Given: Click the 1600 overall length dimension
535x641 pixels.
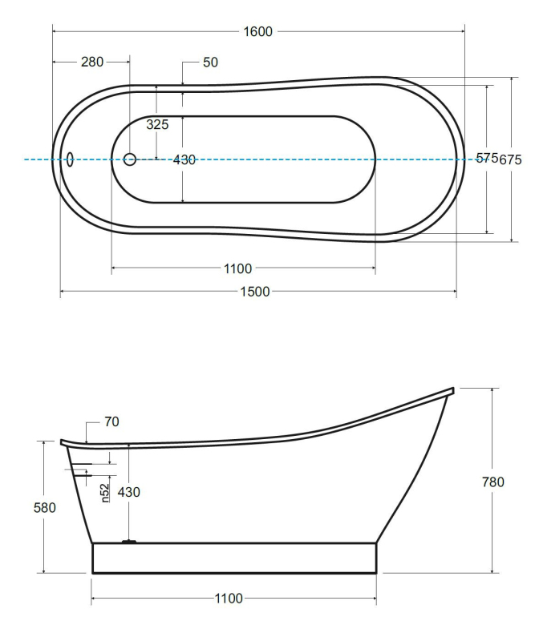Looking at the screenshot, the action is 258,31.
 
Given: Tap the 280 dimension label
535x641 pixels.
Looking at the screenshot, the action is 92,62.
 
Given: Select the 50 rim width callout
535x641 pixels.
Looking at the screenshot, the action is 210,62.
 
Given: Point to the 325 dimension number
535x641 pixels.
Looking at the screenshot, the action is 157,124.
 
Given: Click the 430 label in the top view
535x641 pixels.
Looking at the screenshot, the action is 184,159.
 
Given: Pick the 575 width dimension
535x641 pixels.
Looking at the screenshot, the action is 487,158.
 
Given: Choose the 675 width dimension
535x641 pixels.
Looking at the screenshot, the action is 510,159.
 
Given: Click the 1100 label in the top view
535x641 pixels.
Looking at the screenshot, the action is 238,268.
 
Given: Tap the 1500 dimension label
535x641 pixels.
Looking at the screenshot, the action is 255,292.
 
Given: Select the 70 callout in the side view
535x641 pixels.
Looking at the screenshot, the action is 111,421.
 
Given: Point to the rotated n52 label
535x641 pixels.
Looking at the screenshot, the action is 105,493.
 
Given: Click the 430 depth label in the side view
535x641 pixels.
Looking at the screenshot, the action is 129,492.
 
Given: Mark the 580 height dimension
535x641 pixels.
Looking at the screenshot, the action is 45,508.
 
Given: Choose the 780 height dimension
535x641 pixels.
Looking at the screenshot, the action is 492,482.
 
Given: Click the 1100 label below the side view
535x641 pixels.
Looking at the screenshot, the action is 229,599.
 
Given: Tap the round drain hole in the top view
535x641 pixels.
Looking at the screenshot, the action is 130,159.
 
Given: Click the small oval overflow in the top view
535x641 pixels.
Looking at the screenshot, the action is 70,159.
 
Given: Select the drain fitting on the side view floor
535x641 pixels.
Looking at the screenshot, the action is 129,542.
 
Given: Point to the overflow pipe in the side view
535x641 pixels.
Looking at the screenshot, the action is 79,470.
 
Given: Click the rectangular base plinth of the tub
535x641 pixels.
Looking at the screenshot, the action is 234,558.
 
